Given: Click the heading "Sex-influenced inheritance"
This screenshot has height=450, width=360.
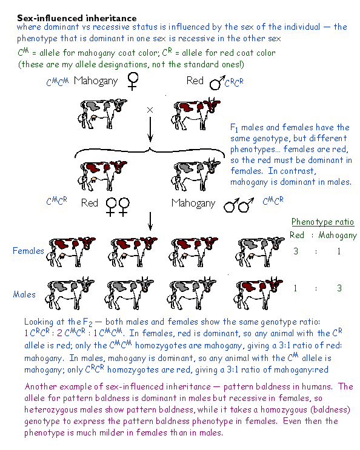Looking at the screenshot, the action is point(76,18).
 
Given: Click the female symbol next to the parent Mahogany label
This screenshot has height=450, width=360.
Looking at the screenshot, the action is point(133,81).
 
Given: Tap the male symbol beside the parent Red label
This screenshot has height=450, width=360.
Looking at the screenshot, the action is point(217,82).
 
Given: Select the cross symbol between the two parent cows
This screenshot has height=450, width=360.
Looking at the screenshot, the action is point(150,110).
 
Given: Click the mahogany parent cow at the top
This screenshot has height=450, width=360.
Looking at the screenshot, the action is point(102,114).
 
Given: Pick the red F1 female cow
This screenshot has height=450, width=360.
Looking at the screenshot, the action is point(102,176).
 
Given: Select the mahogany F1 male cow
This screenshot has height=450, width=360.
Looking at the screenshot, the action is point(195,174).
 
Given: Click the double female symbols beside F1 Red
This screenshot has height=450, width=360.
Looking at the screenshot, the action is point(118,207).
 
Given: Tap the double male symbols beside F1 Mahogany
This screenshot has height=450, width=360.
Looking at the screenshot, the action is point(239,205).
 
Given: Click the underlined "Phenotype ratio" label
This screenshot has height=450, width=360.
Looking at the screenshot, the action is point(322,222).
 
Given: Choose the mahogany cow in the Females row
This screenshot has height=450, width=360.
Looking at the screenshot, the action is point(260,252).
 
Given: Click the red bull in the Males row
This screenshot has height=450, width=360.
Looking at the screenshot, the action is point(259,293).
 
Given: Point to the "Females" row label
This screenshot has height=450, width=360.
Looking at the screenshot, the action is point(28,251).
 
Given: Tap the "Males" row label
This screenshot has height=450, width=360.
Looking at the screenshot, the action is point(24,294).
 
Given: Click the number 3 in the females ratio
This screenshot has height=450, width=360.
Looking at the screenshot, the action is point(296,251).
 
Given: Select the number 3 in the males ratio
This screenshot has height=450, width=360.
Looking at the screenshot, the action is point(339,288).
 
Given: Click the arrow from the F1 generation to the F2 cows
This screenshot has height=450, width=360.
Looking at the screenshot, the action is point(150,221).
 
